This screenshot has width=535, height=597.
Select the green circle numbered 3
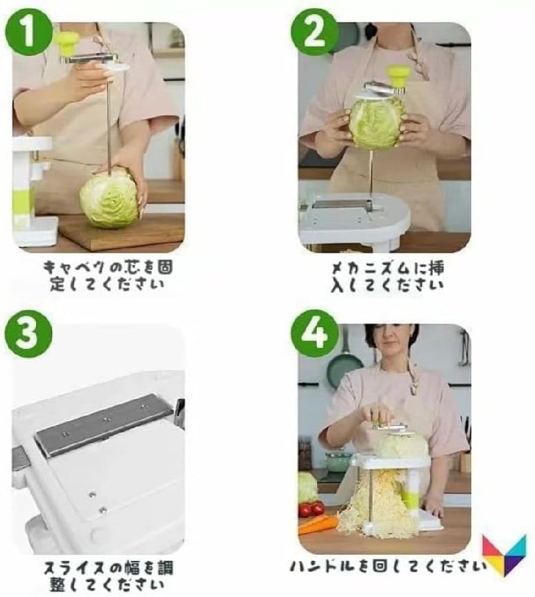click(x=29, y=334)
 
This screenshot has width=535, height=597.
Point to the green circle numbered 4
click(x=314, y=334)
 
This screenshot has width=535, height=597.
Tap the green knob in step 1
click(x=68, y=42)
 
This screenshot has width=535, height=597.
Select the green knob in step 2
click(x=399, y=76)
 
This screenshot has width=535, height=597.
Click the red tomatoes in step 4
click(x=312, y=508)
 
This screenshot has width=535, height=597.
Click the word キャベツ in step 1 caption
click(x=74, y=267)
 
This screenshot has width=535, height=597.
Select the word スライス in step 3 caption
click(x=75, y=568)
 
